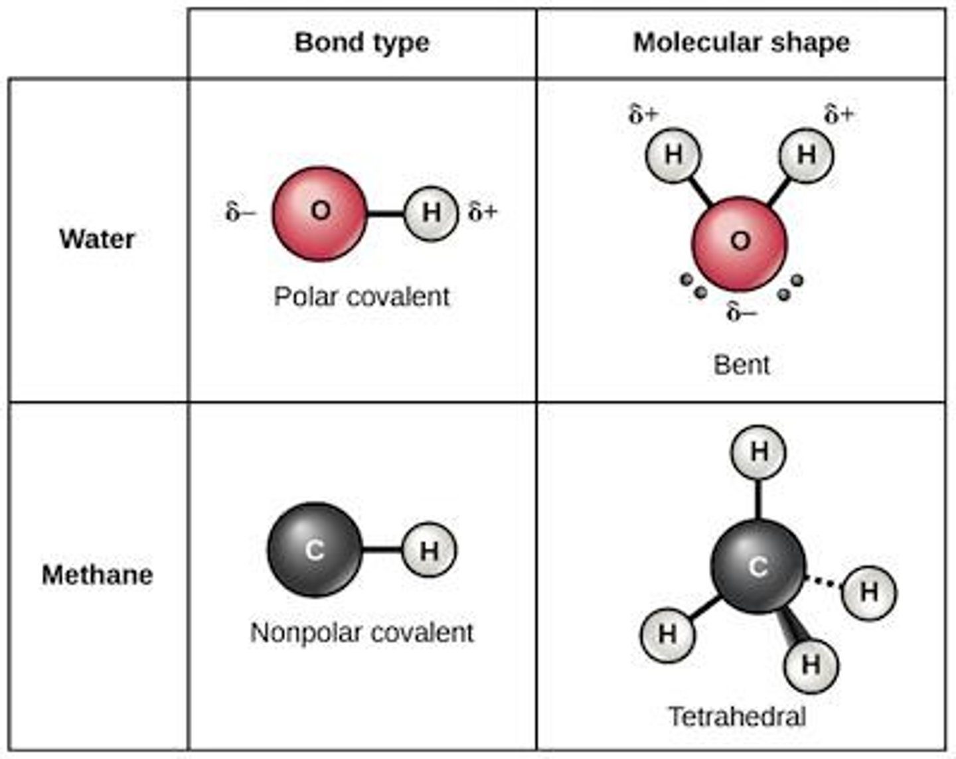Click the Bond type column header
tap(362, 43)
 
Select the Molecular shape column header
tap(741, 43)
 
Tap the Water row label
tap(97, 239)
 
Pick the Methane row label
tap(97, 575)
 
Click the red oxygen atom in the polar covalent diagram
tap(319, 214)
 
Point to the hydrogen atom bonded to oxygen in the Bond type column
tap(431, 214)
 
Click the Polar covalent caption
tap(362, 297)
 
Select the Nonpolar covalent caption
tap(362, 632)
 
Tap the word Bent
tap(741, 365)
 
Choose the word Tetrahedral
tap(737, 717)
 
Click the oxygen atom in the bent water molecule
tap(740, 242)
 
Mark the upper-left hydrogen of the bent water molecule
tap(673, 155)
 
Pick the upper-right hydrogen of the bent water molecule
tap(806, 155)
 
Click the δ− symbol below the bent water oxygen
tap(741, 311)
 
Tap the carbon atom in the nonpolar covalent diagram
tap(315, 550)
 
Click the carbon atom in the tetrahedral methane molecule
tap(757, 566)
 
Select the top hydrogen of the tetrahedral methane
tap(758, 452)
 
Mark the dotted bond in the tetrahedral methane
tap(823, 582)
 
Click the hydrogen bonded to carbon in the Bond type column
tap(429, 550)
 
